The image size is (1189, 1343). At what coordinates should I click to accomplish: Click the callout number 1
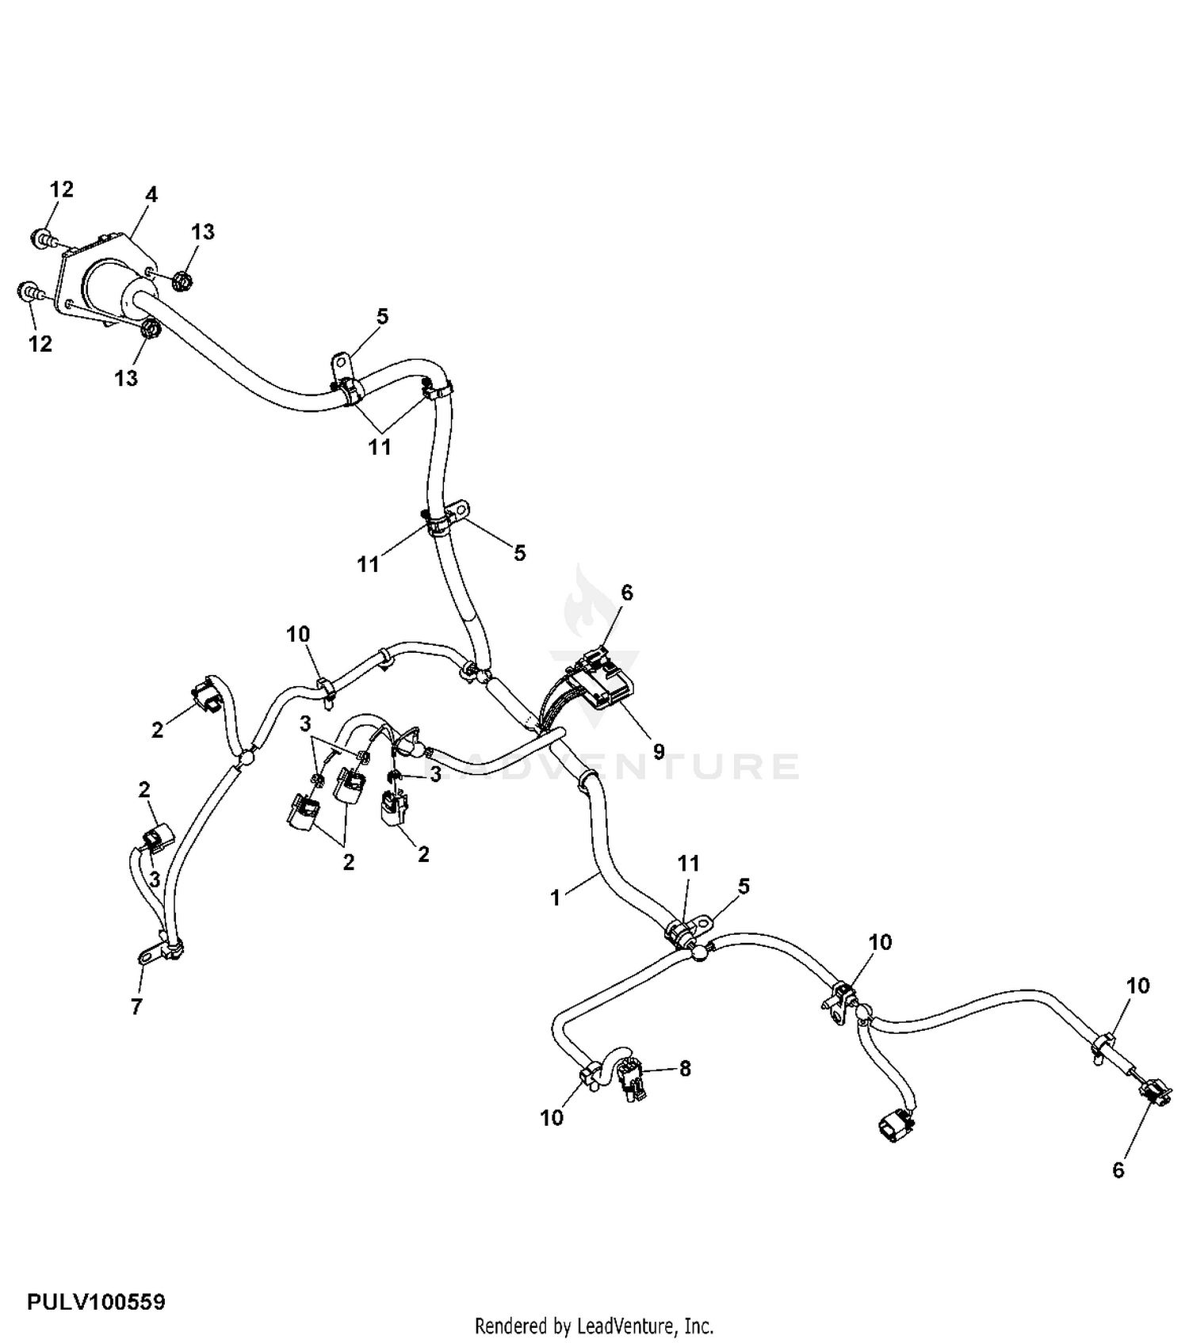(555, 899)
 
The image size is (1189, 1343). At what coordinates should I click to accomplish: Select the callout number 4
(151, 194)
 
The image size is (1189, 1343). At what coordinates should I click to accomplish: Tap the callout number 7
(136, 1007)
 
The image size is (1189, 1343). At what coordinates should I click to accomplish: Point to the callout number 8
(685, 1068)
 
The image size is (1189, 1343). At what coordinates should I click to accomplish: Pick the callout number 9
(659, 751)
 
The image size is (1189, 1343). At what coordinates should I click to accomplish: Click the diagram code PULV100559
(96, 1302)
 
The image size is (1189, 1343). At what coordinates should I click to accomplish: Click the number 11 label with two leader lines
(380, 447)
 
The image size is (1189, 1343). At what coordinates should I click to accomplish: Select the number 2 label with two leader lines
(348, 863)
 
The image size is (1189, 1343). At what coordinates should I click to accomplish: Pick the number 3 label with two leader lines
(305, 723)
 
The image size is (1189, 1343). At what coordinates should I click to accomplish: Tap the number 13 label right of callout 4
(203, 231)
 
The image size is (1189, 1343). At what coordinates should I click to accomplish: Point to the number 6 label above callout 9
(627, 593)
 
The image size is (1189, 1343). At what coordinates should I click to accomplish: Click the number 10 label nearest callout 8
(552, 1117)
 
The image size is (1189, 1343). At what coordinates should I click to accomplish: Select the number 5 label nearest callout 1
(744, 886)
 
